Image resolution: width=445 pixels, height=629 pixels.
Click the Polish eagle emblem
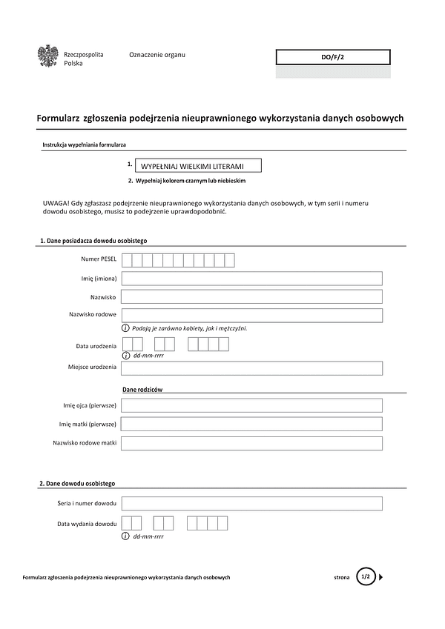49,57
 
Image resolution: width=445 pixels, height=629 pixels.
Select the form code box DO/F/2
332,57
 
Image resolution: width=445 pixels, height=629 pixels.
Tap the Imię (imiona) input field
251,279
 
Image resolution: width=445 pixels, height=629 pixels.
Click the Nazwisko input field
251,296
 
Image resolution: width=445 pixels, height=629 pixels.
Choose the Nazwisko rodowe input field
251,315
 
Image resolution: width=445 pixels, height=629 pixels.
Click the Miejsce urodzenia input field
251,368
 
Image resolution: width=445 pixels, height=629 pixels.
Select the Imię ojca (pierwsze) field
251,406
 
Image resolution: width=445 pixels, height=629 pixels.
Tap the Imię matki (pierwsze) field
251,425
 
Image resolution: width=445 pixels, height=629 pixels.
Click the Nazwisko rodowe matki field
251,443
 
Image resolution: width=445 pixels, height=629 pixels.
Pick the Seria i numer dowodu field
251,504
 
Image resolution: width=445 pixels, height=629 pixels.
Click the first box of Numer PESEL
127,260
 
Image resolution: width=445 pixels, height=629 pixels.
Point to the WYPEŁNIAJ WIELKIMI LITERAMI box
197,166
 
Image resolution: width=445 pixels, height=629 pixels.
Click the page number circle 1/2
365,576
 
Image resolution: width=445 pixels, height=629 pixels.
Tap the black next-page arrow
381,577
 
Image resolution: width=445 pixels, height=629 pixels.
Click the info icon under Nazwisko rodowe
126,328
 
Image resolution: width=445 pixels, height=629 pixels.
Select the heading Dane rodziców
142,389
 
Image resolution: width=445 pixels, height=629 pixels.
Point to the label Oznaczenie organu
157,55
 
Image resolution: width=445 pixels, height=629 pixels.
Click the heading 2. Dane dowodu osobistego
76,484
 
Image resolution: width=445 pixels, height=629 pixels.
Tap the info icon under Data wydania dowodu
126,536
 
